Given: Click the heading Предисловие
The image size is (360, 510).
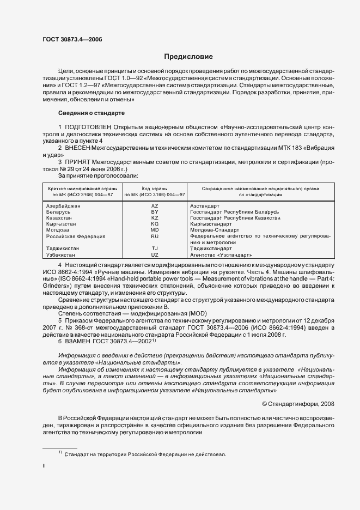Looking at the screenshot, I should tap(188, 57).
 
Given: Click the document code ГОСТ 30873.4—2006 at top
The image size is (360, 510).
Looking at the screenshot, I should tap(72, 39).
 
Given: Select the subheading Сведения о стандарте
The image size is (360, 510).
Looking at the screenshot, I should tap(91, 113).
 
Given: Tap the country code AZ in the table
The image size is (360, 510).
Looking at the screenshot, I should tap(154, 206).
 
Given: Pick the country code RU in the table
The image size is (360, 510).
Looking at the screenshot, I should tap(154, 236).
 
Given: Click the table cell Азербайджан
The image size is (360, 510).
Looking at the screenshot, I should tap(63, 206).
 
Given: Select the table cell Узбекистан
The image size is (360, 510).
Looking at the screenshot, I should tap(62, 254).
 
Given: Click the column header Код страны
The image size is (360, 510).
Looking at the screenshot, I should tap(154, 187).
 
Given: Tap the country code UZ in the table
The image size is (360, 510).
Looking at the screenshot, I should tap(154, 254).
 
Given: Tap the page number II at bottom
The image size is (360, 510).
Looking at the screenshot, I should tap(44, 466).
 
